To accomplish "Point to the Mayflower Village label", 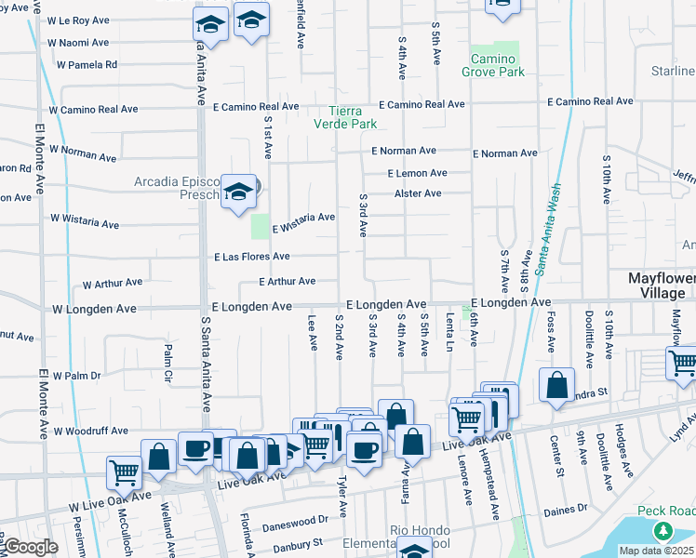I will pyautogui.click(x=657, y=286).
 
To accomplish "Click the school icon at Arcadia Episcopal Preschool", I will pyautogui.click(x=239, y=192).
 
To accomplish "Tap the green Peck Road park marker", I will pyautogui.click(x=663, y=531).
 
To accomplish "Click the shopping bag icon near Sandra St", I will pyautogui.click(x=556, y=385).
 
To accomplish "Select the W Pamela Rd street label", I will pyautogui.click(x=87, y=65).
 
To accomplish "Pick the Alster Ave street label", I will pyautogui.click(x=418, y=193).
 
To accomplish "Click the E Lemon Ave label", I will pyautogui.click(x=418, y=173).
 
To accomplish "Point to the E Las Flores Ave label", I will pyautogui.click(x=252, y=257).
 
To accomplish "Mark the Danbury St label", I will pyautogui.click(x=291, y=541).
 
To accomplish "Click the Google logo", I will pyautogui.click(x=31, y=547).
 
